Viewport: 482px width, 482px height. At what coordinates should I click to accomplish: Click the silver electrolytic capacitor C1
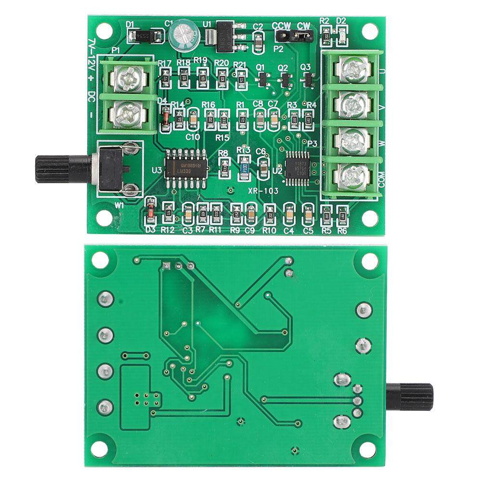[183, 34]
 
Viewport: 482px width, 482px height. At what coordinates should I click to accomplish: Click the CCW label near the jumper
[281, 26]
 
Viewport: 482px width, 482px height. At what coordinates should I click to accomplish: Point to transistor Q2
[285, 79]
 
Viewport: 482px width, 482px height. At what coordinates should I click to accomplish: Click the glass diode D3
[151, 211]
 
